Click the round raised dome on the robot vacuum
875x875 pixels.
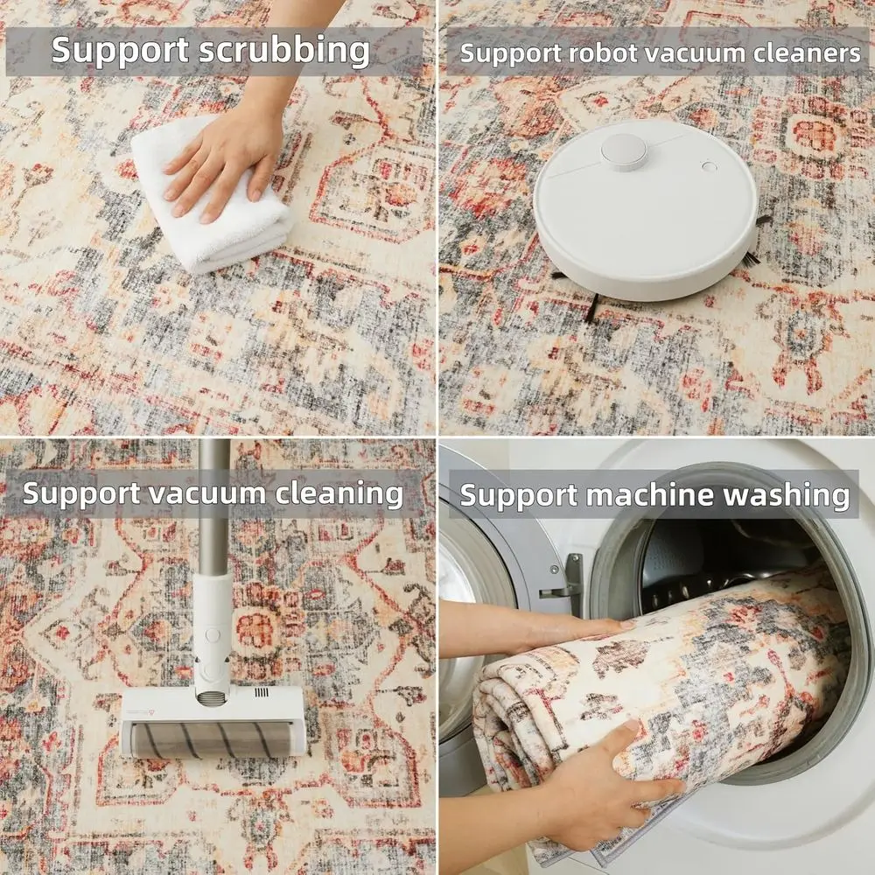tap(623, 150)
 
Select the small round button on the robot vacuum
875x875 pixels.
tap(709, 166)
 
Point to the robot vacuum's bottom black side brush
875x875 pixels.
tap(591, 308)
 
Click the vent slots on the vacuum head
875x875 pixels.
tap(262, 692)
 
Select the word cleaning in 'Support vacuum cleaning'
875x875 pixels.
tap(339, 494)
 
